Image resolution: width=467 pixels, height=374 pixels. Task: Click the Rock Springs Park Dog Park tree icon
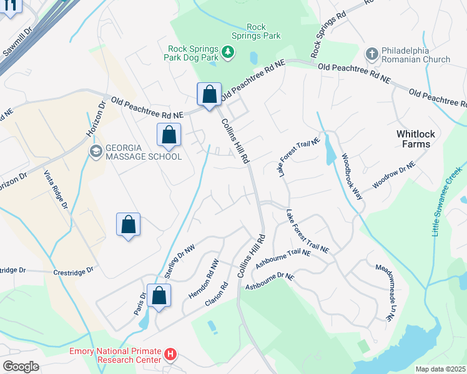coord(229,52)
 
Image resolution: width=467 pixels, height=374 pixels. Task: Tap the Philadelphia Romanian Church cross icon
coord(372,53)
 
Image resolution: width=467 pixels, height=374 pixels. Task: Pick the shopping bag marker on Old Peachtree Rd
coord(210,95)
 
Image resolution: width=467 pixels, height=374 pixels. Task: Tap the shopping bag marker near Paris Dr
coord(159,296)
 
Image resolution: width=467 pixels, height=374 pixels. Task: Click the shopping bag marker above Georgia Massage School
coord(169,134)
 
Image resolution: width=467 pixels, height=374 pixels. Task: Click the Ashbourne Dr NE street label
coord(269,282)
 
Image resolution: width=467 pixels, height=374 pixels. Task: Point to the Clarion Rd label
coord(217,294)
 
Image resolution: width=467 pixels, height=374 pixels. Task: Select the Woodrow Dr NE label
coord(394,174)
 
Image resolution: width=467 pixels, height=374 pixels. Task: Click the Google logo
coord(21,367)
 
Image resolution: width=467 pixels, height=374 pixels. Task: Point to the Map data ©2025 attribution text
coord(440,369)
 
